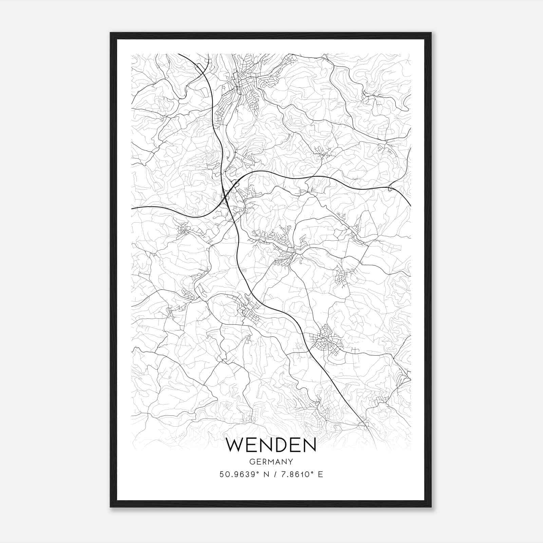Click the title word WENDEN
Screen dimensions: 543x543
(271, 445)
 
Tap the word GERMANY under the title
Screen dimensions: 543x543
(271, 462)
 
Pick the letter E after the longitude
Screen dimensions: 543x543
(320, 474)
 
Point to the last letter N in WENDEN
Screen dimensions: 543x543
(310, 445)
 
